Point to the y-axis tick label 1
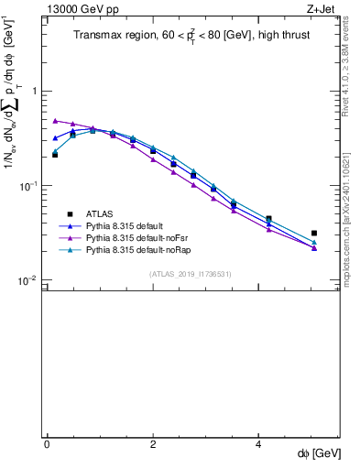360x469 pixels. point(34,92)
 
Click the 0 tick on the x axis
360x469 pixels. point(47,444)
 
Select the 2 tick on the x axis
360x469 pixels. point(153,444)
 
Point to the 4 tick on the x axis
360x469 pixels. point(259,444)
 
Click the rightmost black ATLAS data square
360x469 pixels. point(314,234)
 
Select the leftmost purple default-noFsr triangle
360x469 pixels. point(55,120)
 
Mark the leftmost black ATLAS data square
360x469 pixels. point(55,155)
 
